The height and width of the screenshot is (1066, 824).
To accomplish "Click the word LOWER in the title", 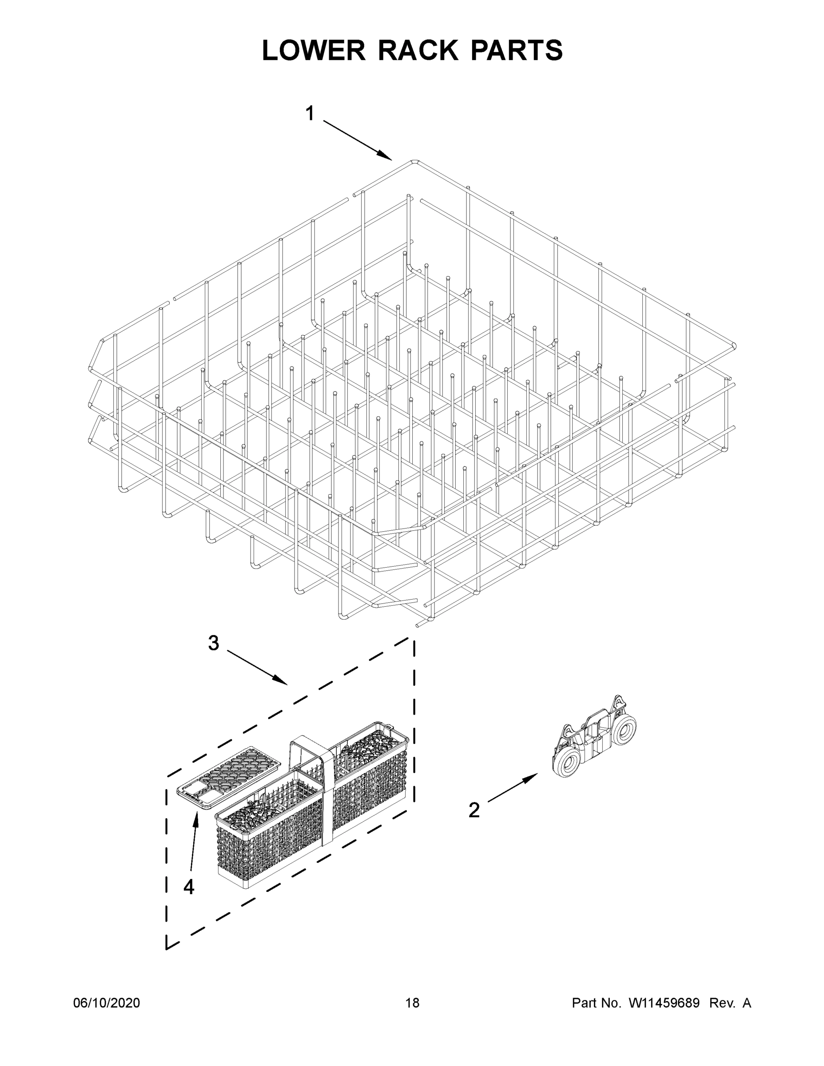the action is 314,50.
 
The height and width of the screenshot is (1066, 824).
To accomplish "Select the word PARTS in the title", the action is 517,50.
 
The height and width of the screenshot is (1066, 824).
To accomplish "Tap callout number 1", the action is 310,114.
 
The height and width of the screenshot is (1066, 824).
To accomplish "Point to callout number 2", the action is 474,810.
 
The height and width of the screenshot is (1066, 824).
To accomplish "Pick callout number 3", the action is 213,643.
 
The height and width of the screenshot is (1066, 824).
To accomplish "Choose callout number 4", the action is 189,887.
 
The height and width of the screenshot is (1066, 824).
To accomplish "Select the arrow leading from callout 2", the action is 512,787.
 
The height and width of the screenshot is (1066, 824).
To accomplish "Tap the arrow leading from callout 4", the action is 193,847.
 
